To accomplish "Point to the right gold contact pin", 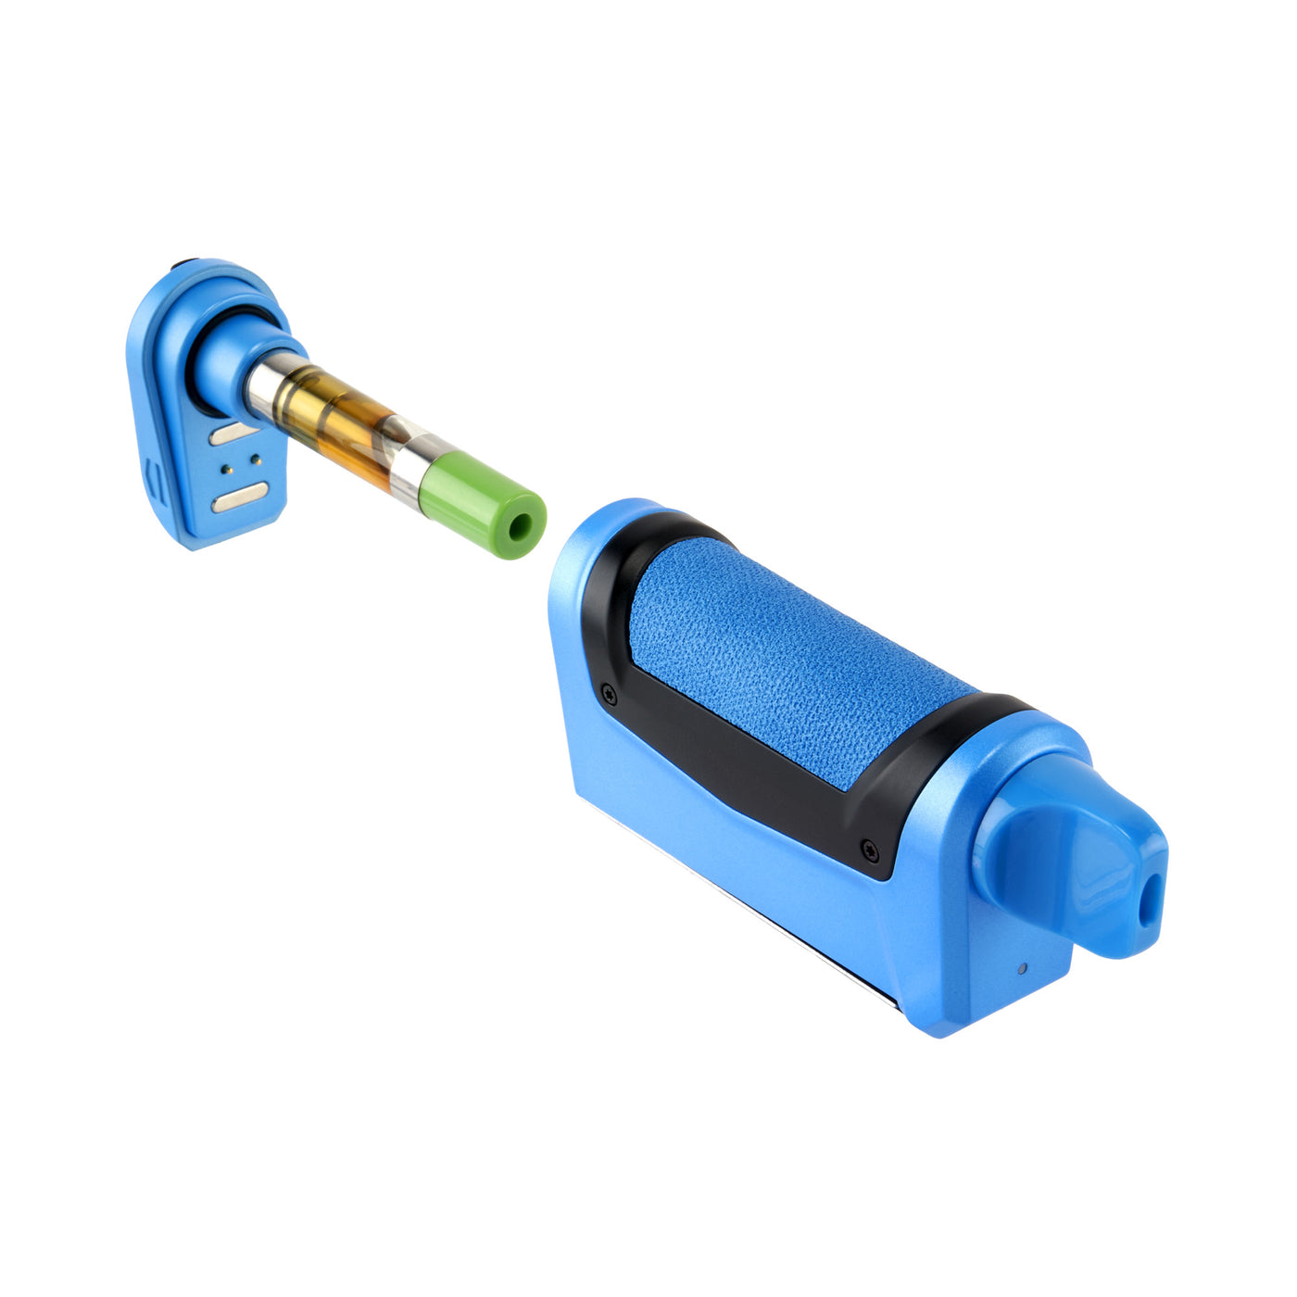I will (x=256, y=458).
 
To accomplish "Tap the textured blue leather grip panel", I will (x=787, y=658).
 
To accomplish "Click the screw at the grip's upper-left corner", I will (x=609, y=691).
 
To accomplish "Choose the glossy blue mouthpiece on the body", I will (x=1065, y=862).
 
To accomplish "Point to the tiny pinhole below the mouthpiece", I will (x=1022, y=969).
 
